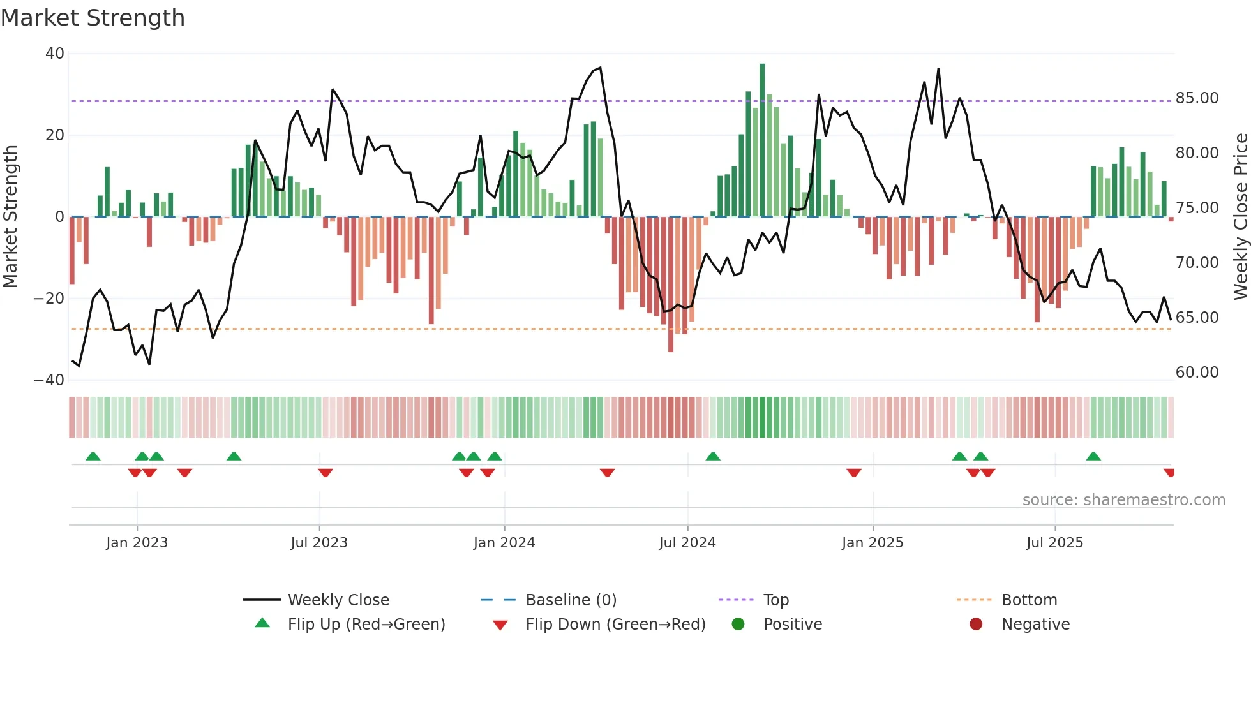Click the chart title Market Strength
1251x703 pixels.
click(x=93, y=18)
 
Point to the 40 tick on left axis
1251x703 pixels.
click(x=55, y=54)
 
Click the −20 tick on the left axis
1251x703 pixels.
click(x=49, y=299)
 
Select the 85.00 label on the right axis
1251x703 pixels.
click(x=1197, y=98)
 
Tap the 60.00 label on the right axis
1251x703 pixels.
click(x=1197, y=373)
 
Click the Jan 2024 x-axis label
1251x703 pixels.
click(x=504, y=543)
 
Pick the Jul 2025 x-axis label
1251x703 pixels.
click(x=1054, y=543)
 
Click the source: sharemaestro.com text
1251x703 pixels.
click(x=1123, y=500)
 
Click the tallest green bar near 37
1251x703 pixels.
click(x=762, y=140)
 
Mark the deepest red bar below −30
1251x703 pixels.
click(x=671, y=284)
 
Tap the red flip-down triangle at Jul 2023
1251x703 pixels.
click(x=326, y=473)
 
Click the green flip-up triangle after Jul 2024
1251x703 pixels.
click(x=713, y=456)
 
